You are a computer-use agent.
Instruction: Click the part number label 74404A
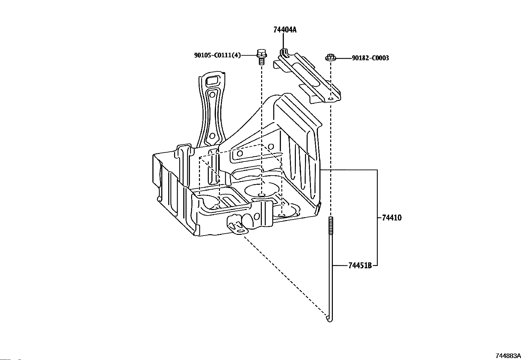(285, 30)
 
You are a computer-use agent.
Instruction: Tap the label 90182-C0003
(370, 58)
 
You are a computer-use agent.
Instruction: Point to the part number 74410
(392, 218)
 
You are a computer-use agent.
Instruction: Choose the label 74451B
(360, 265)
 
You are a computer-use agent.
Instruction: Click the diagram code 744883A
(508, 356)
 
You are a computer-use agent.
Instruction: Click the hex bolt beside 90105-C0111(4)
(262, 57)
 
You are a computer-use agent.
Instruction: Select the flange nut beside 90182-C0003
(331, 57)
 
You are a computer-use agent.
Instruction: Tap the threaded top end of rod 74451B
(331, 225)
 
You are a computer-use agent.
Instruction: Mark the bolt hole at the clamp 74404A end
(330, 99)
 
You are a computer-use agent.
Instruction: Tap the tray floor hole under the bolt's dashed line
(262, 195)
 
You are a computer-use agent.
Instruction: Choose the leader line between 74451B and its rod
(340, 265)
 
